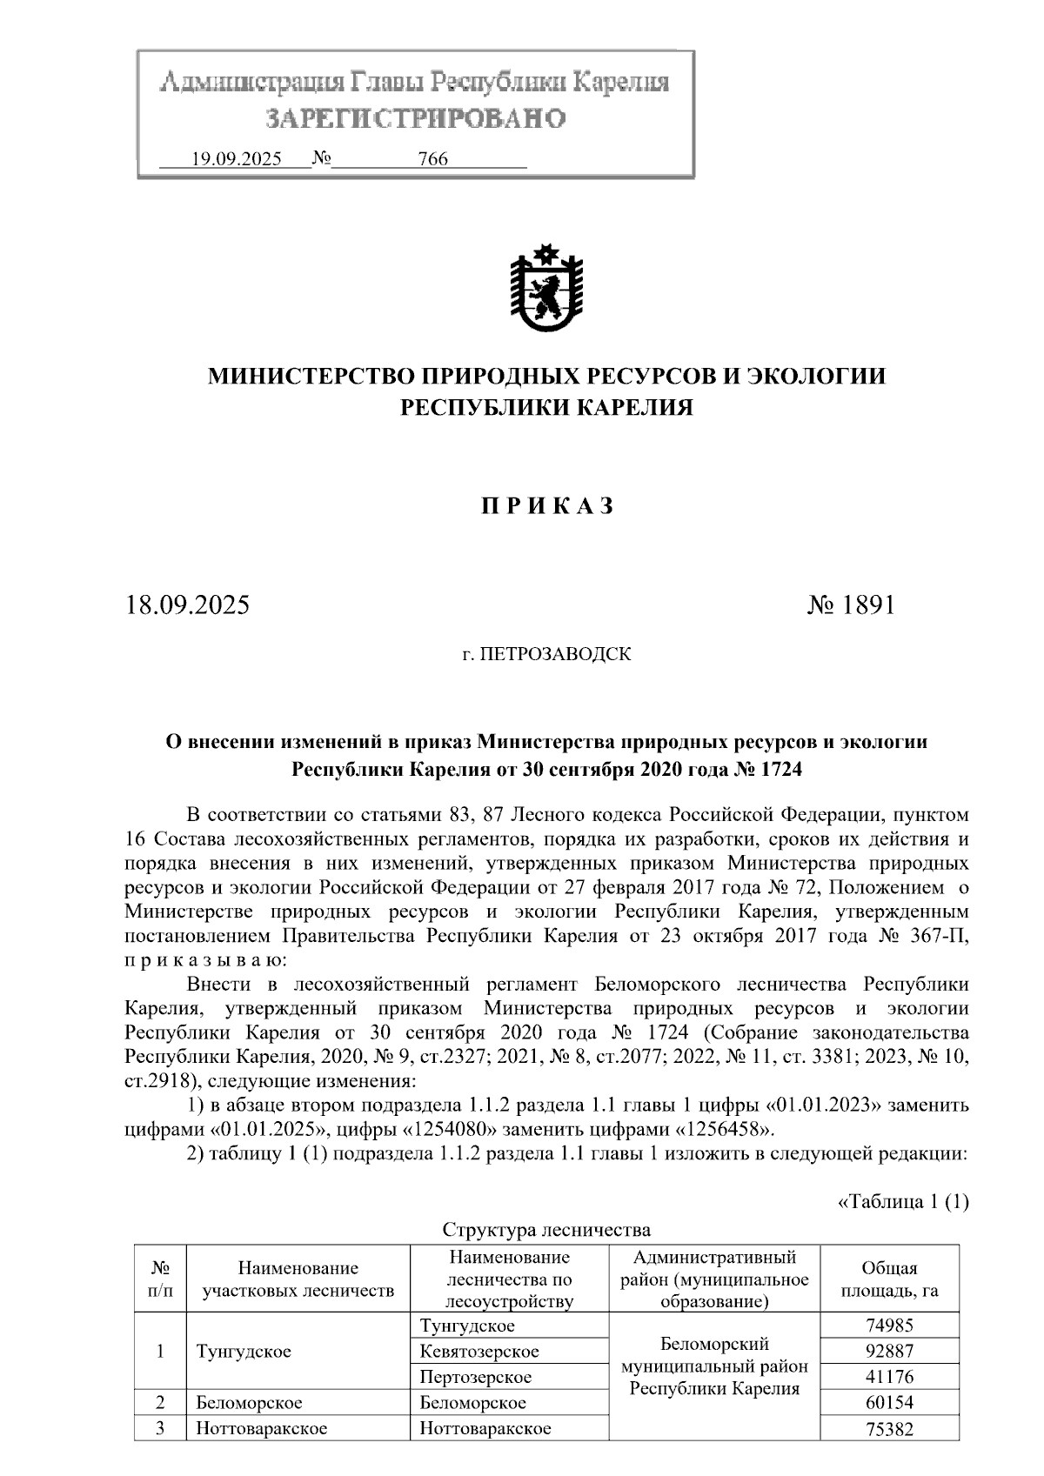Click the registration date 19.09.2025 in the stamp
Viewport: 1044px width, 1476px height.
(236, 159)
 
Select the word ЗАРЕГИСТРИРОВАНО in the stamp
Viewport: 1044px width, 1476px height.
(415, 117)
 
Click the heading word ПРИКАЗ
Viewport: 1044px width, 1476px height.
(547, 507)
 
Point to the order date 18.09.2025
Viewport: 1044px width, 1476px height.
(187, 604)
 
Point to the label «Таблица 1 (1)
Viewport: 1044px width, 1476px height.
(902, 1202)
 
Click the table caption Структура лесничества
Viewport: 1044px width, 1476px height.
(546, 1230)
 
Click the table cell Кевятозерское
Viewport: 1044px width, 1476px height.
(478, 1352)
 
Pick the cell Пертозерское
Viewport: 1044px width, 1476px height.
(475, 1377)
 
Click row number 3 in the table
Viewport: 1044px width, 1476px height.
(160, 1428)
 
